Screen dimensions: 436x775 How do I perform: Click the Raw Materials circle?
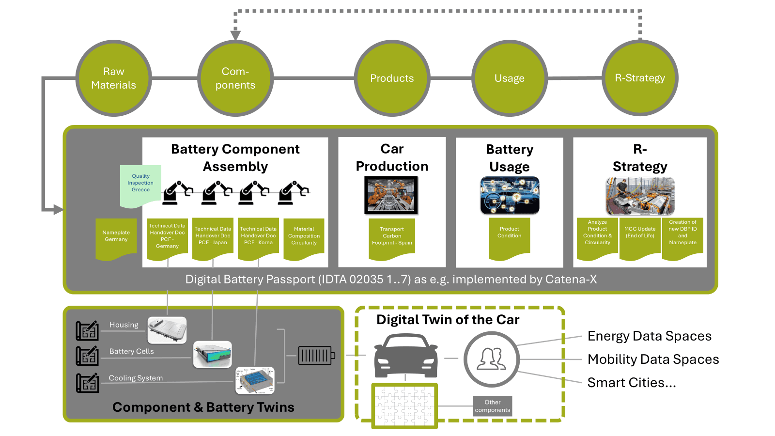(114, 78)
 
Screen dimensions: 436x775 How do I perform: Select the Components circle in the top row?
(235, 78)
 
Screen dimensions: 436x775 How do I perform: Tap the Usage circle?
(510, 78)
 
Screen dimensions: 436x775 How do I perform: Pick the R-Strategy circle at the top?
(640, 78)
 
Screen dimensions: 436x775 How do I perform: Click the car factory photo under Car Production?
(391, 195)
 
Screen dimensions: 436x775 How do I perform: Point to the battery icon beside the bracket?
(316, 356)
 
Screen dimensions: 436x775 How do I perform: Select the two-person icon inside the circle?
(492, 359)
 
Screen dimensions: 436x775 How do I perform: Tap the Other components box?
(493, 406)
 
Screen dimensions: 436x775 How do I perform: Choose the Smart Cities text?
(631, 383)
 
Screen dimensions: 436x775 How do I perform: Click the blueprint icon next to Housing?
(87, 331)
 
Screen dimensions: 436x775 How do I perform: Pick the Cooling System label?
(136, 378)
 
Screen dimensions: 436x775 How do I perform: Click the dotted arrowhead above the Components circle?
(235, 35)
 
